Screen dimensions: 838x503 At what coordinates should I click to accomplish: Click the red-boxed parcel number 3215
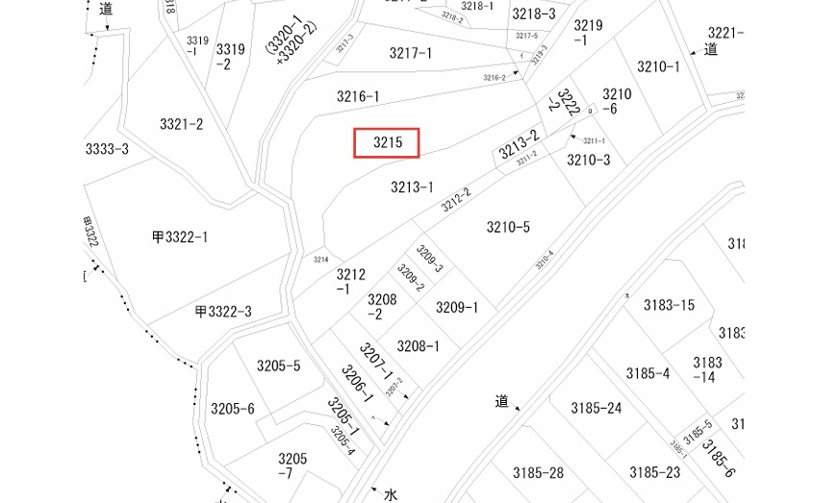click(387, 142)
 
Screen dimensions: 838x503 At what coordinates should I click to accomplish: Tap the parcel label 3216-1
click(358, 96)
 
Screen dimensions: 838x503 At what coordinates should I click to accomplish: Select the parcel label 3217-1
click(411, 53)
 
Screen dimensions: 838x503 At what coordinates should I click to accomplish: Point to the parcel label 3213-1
click(412, 187)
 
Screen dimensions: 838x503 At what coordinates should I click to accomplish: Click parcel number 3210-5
click(508, 227)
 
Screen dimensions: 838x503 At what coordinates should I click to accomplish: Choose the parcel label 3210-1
click(658, 66)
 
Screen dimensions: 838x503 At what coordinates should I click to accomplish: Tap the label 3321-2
click(181, 124)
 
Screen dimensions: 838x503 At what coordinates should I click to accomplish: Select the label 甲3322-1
click(180, 237)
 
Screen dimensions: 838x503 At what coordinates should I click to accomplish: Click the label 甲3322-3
click(223, 311)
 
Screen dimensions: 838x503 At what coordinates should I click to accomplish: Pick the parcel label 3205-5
click(278, 365)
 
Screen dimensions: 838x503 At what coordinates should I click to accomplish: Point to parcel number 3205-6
click(233, 409)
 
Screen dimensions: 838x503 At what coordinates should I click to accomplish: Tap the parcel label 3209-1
click(457, 308)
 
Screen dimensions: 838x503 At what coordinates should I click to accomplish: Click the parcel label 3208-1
click(419, 346)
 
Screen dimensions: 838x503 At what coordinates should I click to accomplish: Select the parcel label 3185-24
click(596, 408)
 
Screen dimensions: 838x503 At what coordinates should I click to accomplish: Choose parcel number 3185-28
click(538, 472)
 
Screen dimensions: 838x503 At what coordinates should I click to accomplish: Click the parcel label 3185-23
click(654, 472)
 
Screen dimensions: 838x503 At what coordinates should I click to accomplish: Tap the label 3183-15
click(669, 305)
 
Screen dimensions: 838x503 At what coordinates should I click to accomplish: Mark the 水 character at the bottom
click(391, 494)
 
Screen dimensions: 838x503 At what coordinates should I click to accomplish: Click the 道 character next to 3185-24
click(501, 401)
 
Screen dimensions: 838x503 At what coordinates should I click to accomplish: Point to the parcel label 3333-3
click(107, 148)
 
